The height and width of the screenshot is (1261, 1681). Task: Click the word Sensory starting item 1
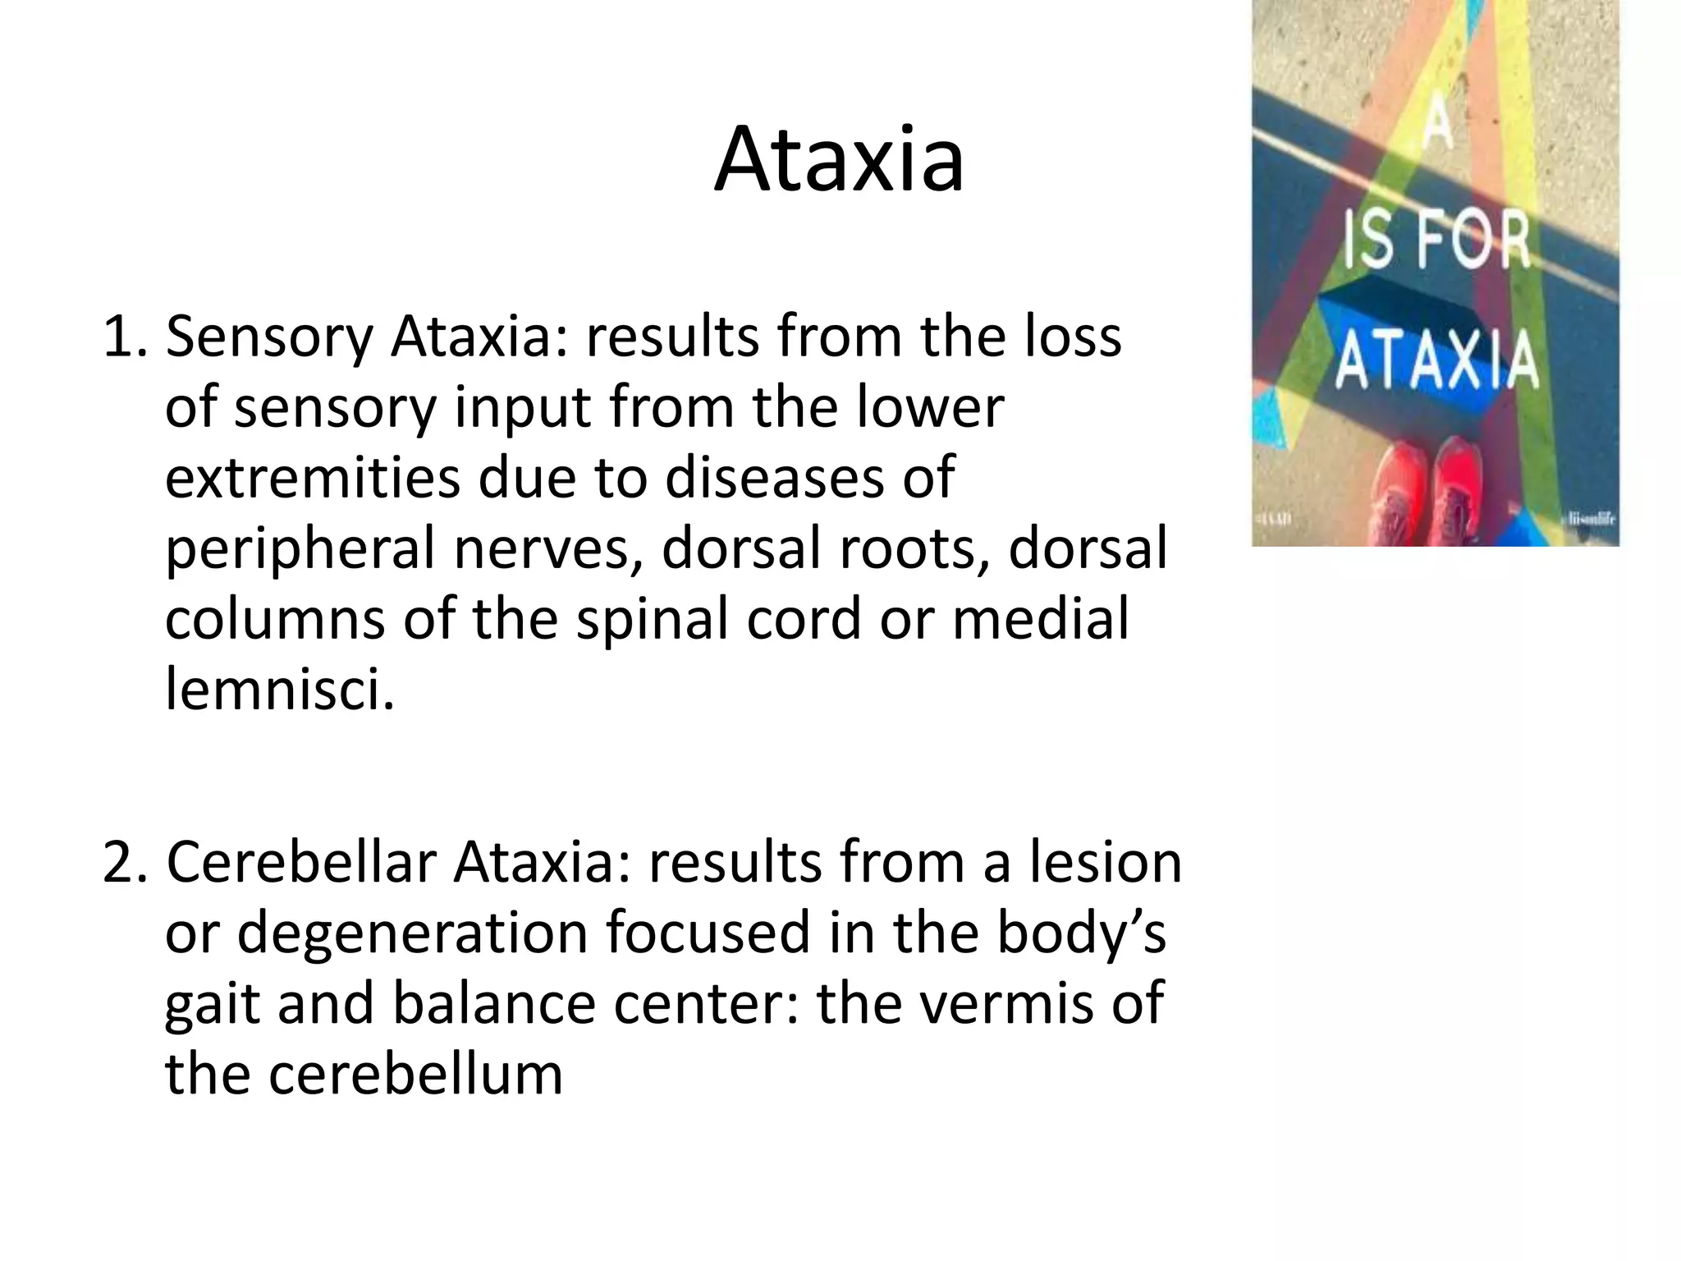[x=269, y=337]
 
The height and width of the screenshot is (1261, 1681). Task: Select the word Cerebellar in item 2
[x=300, y=863]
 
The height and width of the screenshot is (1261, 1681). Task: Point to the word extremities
[x=312, y=478]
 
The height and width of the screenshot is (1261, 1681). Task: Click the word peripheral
[x=300, y=550]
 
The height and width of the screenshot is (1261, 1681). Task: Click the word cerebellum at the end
[x=415, y=1074]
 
